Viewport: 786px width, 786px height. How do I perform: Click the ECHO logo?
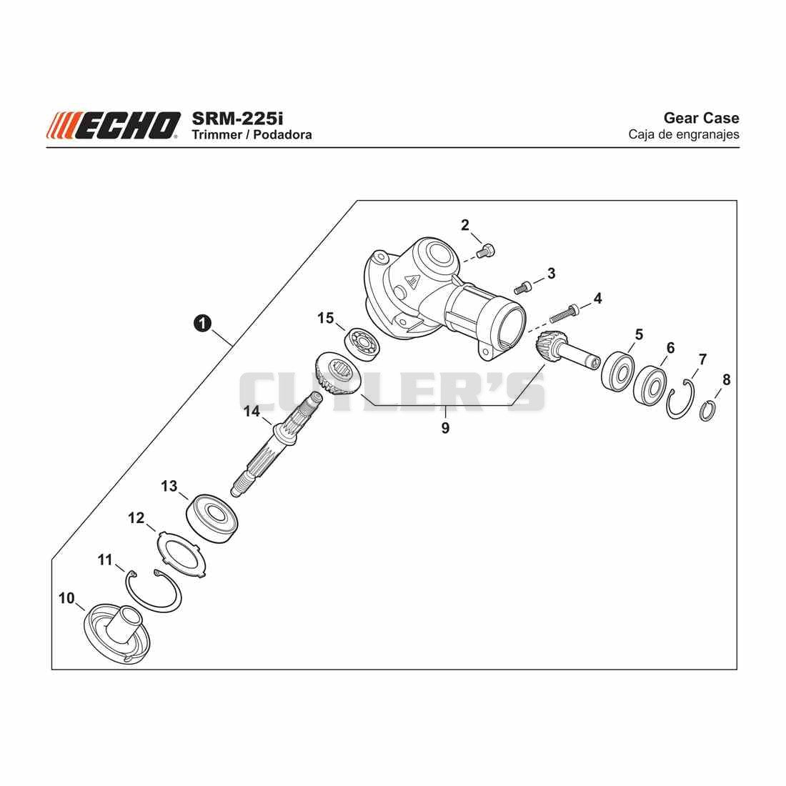114,125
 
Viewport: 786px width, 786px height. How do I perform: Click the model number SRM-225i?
237,119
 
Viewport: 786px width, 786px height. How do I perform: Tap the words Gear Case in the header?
701,118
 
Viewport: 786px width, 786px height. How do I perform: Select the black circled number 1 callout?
202,323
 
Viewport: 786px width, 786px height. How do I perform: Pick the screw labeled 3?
522,288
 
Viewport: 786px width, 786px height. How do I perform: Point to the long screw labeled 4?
564,313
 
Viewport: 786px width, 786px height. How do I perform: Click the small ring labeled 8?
707,411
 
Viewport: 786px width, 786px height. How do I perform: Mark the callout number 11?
105,559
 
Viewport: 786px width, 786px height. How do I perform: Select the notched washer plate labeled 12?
181,555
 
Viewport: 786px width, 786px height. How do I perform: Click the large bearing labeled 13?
212,519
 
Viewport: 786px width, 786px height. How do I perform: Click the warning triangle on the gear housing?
414,283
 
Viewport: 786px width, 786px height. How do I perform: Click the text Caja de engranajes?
684,134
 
